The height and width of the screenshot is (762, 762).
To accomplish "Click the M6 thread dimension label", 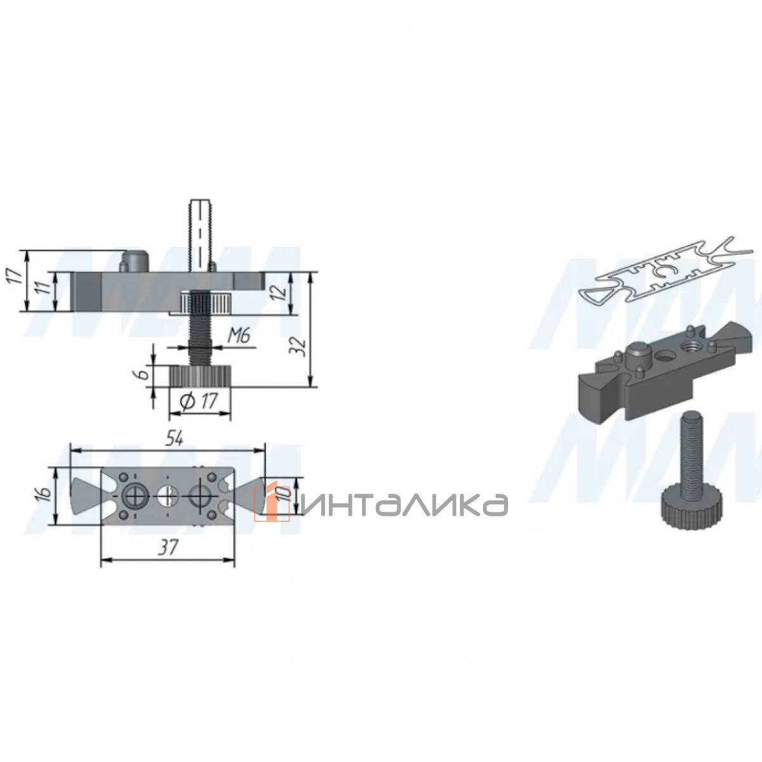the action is click(239, 337).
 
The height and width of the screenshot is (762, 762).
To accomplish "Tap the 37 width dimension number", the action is click(167, 547).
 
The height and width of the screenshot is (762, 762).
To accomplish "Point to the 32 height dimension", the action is click(302, 347).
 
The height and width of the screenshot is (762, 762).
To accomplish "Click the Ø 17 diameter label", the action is click(198, 401).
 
